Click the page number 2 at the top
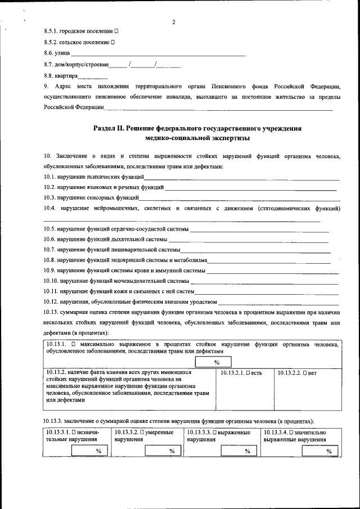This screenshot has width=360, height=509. [x=174, y=22]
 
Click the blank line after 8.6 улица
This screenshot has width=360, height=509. [x=157, y=55]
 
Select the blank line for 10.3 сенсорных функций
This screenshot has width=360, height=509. [x=240, y=199]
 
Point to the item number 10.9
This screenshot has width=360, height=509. [x=50, y=271]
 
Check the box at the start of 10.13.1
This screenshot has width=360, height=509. [x=74, y=344]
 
